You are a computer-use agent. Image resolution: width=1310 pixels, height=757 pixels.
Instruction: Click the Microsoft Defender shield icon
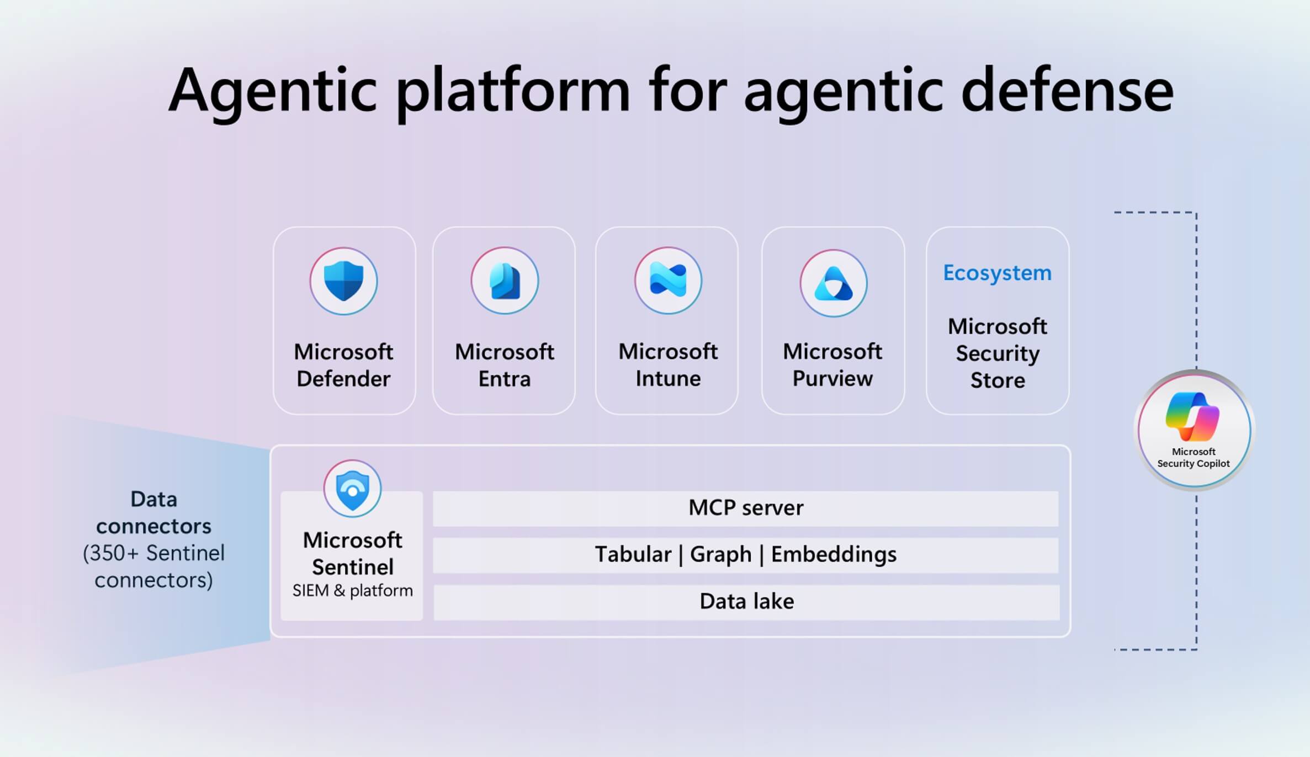[x=343, y=281]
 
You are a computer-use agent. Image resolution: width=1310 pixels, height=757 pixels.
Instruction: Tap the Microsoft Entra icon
[x=505, y=281]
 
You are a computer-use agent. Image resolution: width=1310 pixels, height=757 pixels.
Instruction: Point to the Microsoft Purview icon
[x=833, y=283]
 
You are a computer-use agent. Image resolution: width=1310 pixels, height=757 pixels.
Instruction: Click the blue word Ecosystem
[x=997, y=273]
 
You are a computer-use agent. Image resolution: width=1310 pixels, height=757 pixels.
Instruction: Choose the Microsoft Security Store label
[x=998, y=353]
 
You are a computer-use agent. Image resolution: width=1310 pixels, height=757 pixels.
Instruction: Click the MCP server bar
[x=745, y=508]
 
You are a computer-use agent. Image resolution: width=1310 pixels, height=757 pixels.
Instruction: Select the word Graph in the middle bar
[x=720, y=554]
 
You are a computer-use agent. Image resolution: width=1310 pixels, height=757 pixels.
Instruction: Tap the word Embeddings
[x=834, y=554]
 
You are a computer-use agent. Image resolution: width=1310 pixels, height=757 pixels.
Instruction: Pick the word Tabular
[x=633, y=554]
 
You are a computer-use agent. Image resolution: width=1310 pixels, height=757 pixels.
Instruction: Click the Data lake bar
[x=746, y=601]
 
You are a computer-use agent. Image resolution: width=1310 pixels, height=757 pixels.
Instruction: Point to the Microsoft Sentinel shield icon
[x=352, y=489]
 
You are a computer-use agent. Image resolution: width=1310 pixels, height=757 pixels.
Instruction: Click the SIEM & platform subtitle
[x=352, y=591]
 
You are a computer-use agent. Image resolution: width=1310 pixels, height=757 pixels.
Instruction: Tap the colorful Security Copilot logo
[x=1192, y=417]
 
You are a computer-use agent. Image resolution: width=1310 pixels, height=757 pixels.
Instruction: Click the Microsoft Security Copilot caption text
[x=1194, y=458]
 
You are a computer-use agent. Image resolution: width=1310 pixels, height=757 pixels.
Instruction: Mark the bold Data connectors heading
[x=153, y=512]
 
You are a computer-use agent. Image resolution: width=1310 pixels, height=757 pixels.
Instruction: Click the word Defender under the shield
[x=343, y=379]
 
